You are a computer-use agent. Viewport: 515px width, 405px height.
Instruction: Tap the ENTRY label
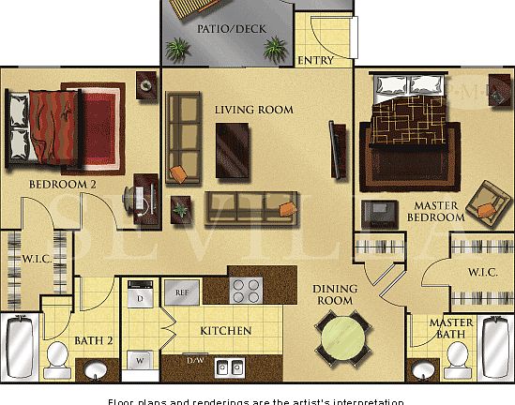point(315,61)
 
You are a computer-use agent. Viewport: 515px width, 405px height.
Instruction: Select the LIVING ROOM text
point(253,110)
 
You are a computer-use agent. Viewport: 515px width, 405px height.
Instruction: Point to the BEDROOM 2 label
point(63,185)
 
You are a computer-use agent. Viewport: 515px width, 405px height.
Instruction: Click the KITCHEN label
point(225,331)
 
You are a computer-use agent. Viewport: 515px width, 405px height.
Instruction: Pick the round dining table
point(341,336)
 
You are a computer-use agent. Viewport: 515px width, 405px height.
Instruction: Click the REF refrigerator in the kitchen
point(182,293)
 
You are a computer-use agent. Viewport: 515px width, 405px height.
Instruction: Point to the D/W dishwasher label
point(197,361)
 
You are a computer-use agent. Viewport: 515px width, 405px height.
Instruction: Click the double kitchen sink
point(230,367)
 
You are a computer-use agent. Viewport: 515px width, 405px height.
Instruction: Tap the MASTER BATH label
point(452,329)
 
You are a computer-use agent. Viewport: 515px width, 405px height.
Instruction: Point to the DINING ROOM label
point(333,295)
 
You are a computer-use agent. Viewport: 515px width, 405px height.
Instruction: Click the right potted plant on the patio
point(275,47)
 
